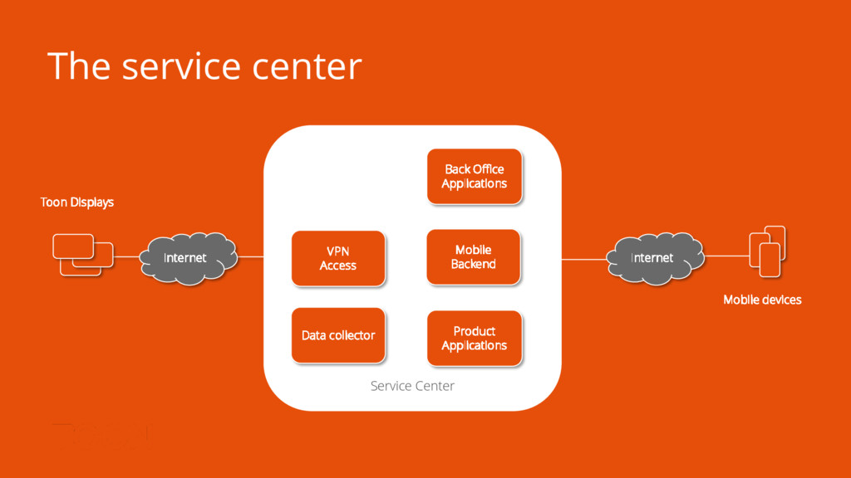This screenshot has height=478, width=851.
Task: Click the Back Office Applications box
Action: [474, 176]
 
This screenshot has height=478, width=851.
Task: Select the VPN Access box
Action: [338, 258]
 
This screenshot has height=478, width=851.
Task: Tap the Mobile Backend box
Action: [474, 257]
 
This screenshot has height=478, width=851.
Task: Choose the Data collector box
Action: [338, 335]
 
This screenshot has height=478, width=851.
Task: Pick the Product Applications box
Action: [474, 338]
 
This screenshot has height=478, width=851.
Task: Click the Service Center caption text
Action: [412, 386]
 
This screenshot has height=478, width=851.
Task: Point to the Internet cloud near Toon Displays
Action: [185, 258]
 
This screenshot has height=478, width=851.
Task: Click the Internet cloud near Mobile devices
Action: [652, 258]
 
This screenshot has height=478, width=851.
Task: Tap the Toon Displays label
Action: [77, 202]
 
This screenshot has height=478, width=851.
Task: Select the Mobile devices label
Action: [762, 300]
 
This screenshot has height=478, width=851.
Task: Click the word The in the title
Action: [78, 66]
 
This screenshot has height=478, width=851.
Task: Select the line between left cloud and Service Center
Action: [250, 256]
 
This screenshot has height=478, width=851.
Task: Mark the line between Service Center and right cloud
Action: [585, 259]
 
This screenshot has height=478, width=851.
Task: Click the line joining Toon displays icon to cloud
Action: [126, 257]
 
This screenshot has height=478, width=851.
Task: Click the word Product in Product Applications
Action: [474, 331]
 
